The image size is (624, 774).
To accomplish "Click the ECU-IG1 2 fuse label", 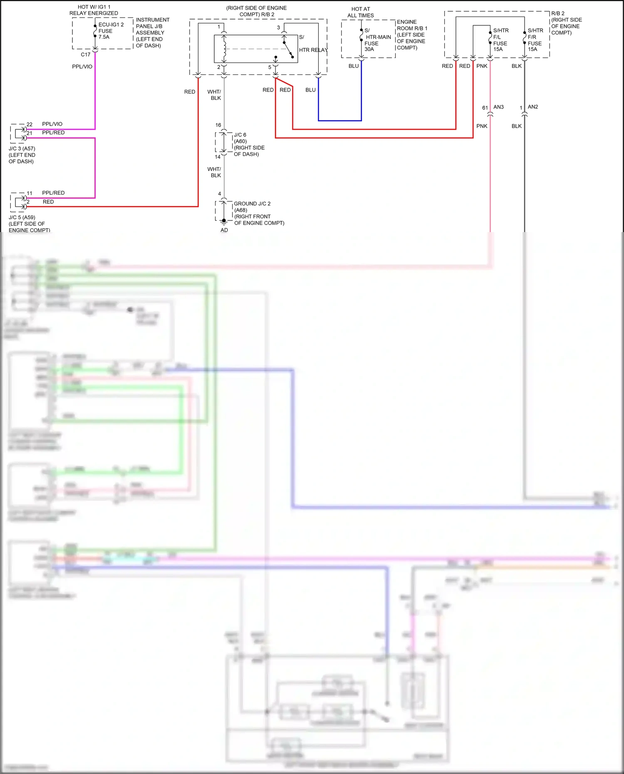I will (110, 31).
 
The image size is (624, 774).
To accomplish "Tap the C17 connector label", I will (85, 54).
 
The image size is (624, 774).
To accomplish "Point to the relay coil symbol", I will (225, 49).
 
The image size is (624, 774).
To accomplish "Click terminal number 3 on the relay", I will (278, 27).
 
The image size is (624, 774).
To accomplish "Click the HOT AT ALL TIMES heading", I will (360, 12).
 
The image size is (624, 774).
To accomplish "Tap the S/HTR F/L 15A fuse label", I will (500, 40).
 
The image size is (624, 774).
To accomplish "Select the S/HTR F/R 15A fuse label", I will (535, 40).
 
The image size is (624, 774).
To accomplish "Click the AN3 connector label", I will (498, 107).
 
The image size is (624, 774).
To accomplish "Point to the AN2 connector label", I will (532, 107).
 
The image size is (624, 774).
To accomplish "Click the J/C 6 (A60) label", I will (249, 144).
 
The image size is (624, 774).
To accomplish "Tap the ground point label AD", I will (224, 230).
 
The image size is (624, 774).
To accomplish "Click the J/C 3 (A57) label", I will (22, 155).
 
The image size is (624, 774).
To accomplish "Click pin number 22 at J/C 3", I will (30, 124).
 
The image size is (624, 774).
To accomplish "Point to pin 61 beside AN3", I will (485, 108).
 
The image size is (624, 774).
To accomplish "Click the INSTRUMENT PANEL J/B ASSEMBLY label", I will (152, 32).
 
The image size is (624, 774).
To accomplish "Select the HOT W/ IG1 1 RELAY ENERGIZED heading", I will (94, 10).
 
